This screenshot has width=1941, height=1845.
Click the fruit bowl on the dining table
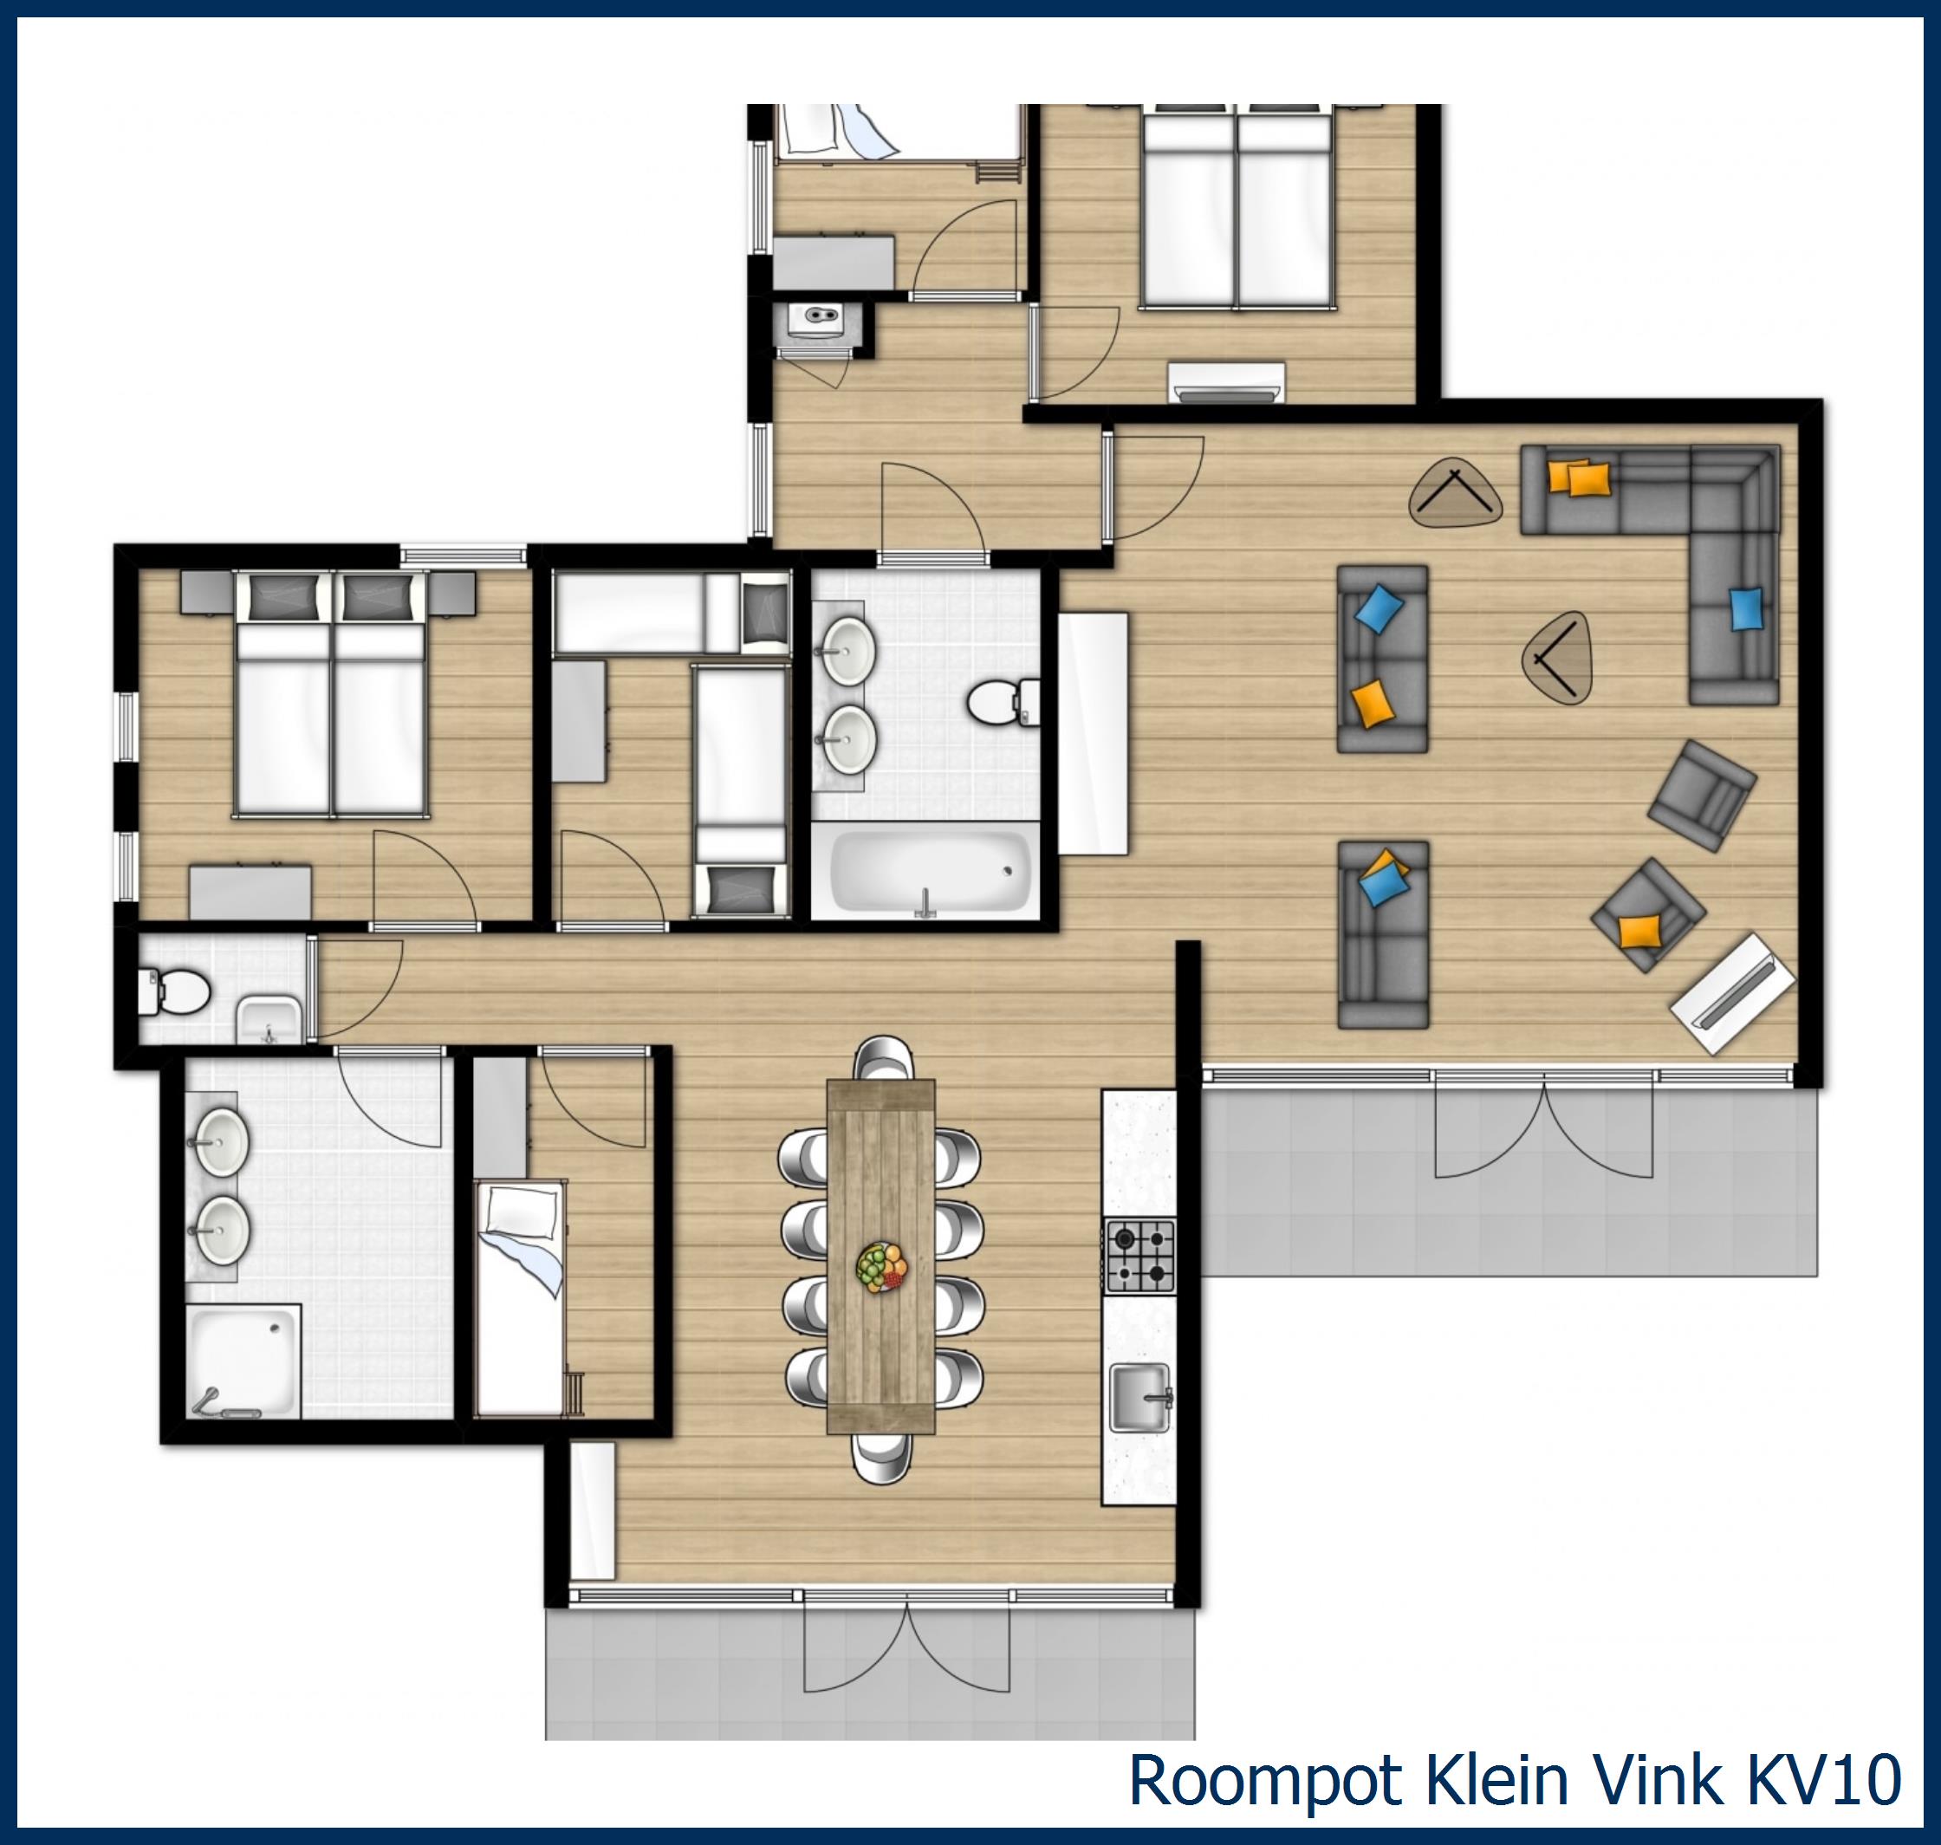point(882,1266)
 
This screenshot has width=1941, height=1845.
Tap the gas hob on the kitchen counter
point(1139,1255)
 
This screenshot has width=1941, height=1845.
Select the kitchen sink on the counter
point(1139,1398)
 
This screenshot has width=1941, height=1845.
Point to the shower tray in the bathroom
point(243,1361)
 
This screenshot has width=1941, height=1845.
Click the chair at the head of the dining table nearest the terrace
point(882,1456)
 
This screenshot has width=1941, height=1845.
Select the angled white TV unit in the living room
point(1732,992)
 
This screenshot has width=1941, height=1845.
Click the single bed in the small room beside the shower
point(519,1298)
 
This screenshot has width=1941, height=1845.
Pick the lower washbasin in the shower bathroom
point(222,1230)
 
